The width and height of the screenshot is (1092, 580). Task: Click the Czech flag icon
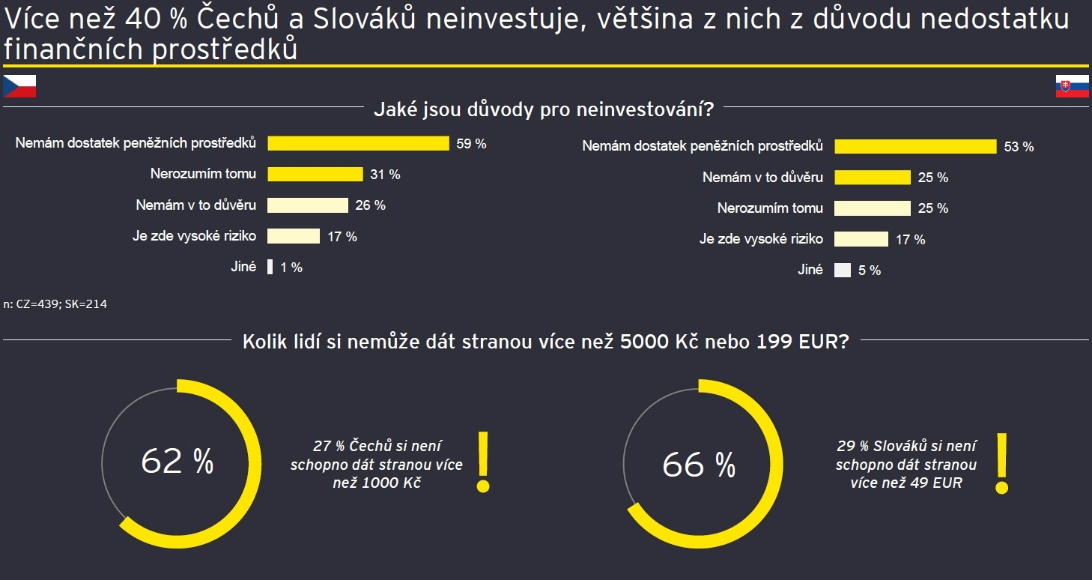(x=19, y=86)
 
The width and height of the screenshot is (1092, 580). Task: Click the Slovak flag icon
(x=1071, y=86)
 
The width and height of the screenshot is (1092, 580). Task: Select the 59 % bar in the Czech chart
(x=358, y=143)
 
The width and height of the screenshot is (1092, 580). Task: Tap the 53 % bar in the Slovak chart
(x=915, y=146)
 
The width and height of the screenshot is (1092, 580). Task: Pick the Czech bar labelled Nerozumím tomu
(x=315, y=175)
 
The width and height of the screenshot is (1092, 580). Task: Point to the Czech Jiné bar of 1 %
(x=270, y=267)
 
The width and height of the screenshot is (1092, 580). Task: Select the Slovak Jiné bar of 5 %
(x=843, y=271)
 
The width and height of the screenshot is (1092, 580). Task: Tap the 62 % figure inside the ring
(x=178, y=462)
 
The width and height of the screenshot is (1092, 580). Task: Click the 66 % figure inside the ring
(x=699, y=465)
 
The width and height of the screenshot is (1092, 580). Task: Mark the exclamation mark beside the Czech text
(x=483, y=462)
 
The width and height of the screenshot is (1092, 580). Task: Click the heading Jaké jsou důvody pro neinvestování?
(x=544, y=111)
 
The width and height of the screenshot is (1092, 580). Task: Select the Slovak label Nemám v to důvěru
(x=762, y=178)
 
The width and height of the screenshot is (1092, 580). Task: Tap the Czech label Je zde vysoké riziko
(x=194, y=236)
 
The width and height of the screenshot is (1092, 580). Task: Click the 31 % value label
(x=385, y=175)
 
